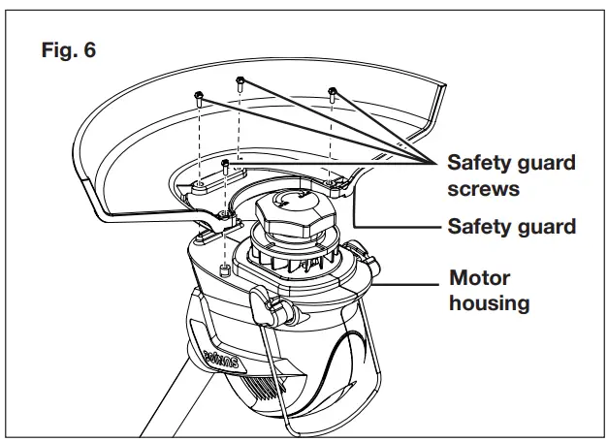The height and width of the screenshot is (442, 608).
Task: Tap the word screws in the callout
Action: [x=478, y=188]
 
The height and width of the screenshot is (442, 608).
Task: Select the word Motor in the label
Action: [x=480, y=278]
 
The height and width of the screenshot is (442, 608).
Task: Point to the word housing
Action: [x=490, y=302]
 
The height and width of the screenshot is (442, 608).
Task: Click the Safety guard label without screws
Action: [x=511, y=227]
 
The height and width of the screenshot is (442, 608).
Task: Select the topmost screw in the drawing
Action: [x=239, y=81]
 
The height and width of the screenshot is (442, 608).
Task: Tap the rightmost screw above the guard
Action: [x=332, y=94]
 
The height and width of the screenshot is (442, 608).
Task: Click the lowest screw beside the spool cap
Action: [x=225, y=167]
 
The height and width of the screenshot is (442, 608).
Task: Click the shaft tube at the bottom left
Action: [x=165, y=407]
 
